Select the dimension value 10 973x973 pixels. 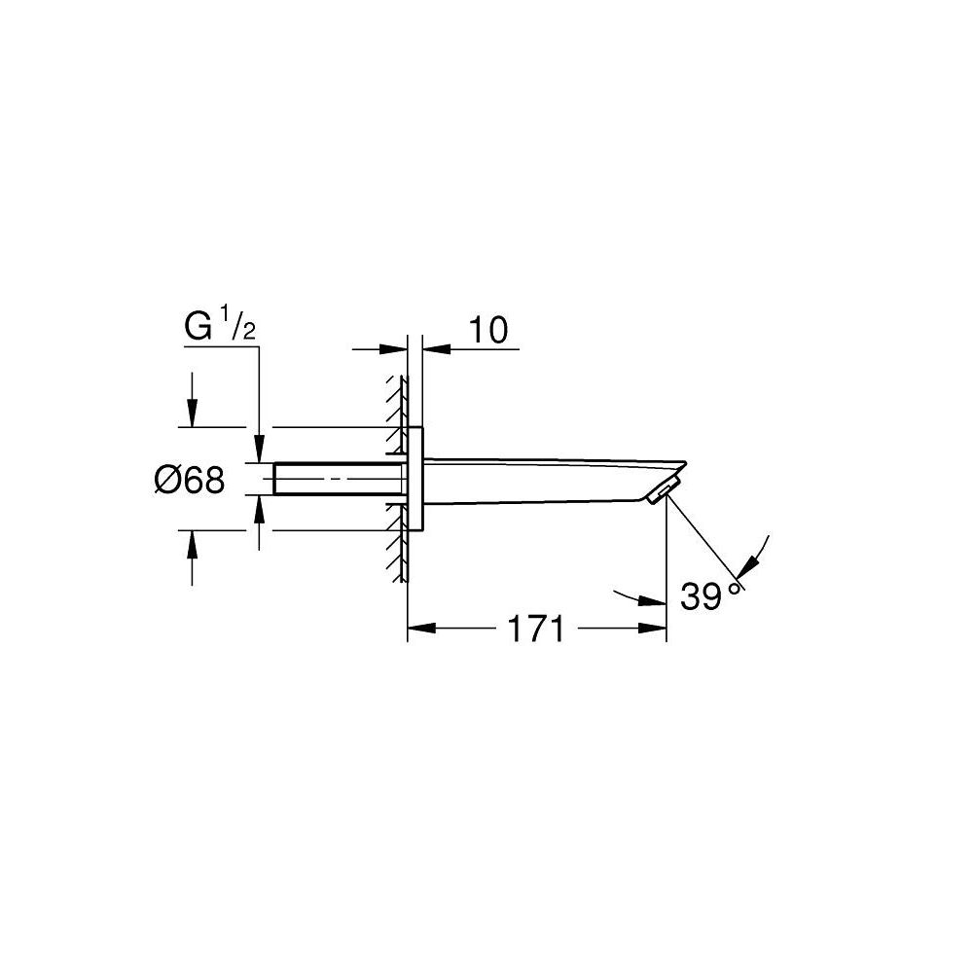[489, 331]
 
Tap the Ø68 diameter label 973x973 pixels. [190, 480]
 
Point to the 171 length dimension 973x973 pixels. [535, 630]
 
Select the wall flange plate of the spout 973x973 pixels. [415, 479]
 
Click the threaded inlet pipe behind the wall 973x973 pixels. [336, 480]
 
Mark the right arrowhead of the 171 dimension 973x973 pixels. [655, 629]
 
